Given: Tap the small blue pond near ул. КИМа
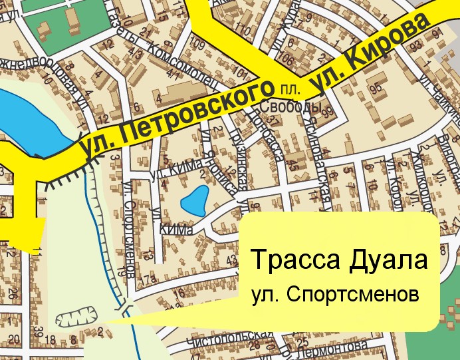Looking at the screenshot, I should [195, 200].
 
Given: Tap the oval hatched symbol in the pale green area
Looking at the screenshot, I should [77, 318].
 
